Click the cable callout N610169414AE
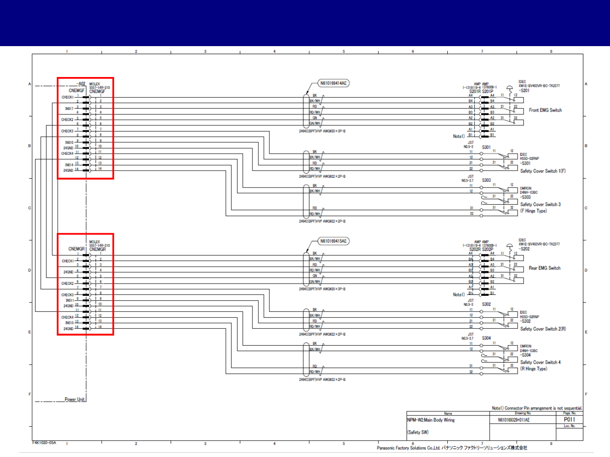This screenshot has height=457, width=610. coord(333,83)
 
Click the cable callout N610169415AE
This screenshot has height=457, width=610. coord(333,241)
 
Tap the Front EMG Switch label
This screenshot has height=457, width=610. coord(545,110)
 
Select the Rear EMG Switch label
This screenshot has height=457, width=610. coord(544,268)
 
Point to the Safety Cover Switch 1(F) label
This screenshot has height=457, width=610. coord(543,171)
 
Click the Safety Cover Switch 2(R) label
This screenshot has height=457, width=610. coord(543,329)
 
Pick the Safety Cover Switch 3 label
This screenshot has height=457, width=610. coord(540,204)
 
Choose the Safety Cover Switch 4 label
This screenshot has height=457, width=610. coord(540,362)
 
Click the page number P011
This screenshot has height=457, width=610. coord(569,420)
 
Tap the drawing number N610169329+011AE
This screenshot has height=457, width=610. coord(514,420)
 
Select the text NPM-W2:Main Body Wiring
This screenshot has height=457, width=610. coord(431,420)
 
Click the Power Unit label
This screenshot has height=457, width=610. coord(75,399)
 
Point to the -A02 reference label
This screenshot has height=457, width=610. coord(80,84)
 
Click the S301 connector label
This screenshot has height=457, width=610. coord(486,147)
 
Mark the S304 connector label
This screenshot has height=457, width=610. coord(486,338)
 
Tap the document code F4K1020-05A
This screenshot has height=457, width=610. coord(44,443)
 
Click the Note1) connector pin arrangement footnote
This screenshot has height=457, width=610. coord(537,408)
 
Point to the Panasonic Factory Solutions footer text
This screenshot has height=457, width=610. coord(452,448)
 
